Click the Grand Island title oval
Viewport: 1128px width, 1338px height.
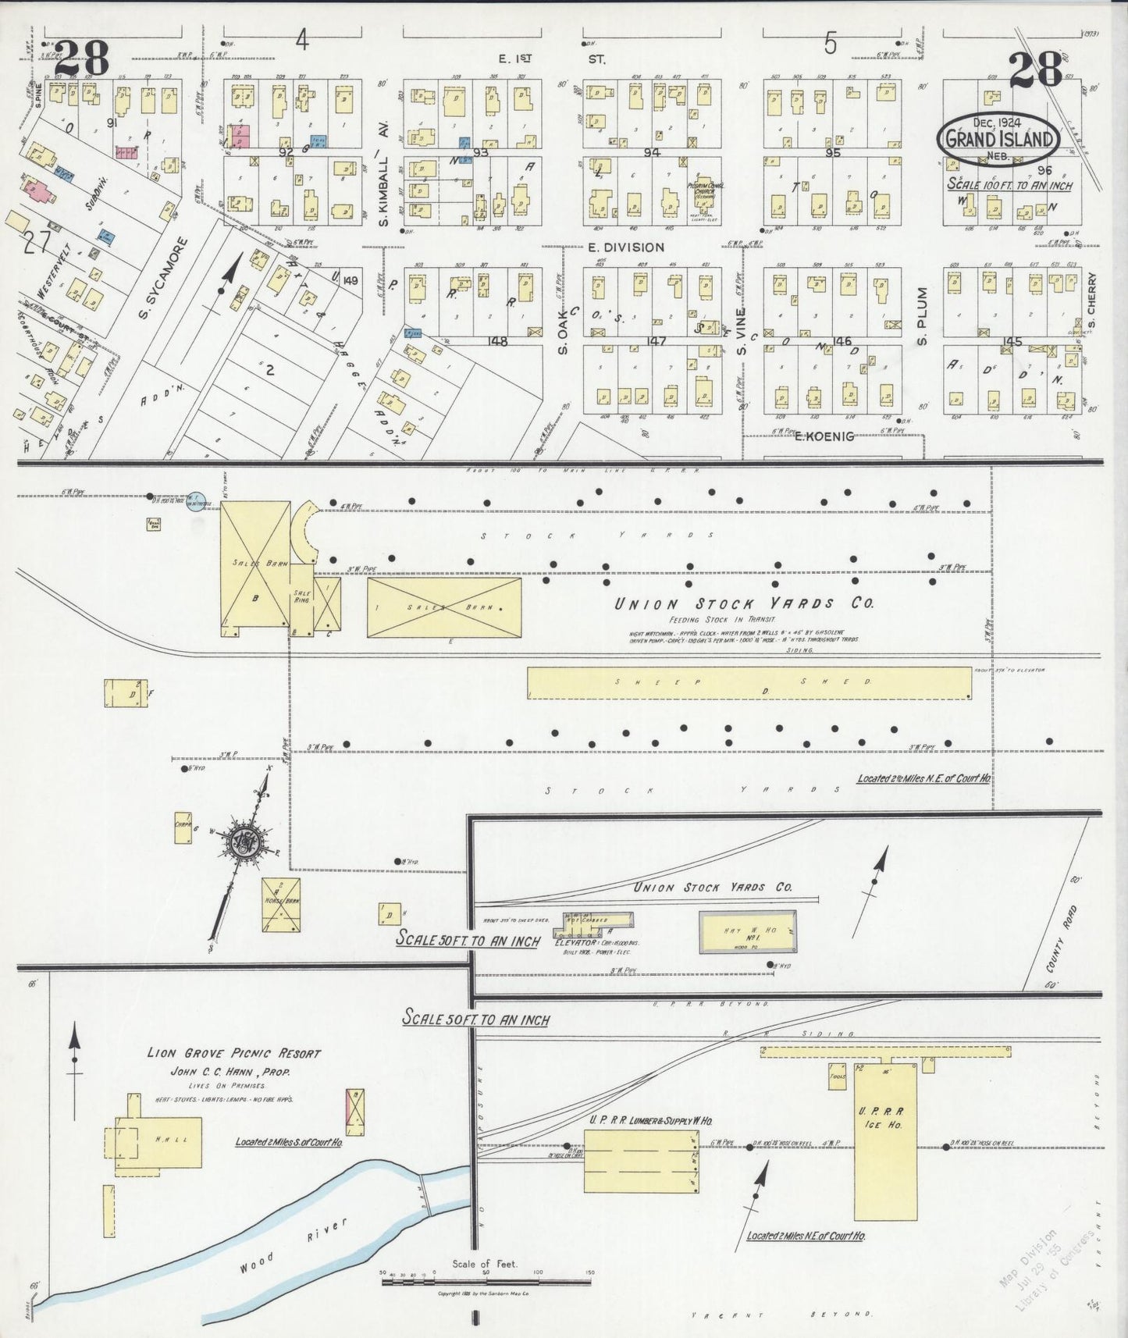coord(998,139)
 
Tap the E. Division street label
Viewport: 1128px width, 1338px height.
coord(625,247)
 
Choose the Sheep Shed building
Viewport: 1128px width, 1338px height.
coord(749,683)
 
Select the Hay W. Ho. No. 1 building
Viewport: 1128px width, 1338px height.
coord(747,931)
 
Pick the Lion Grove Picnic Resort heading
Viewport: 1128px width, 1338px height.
coord(234,1053)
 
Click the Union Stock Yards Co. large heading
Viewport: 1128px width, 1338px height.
coord(743,603)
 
